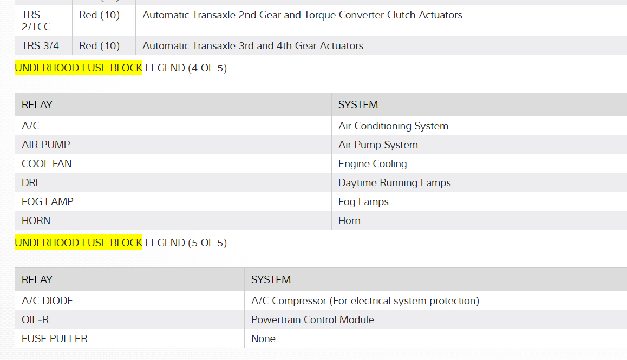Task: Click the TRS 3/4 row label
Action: click(41, 46)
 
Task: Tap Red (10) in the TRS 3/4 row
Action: click(99, 46)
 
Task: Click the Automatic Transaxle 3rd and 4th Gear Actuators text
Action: click(253, 46)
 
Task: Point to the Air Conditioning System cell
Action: click(393, 126)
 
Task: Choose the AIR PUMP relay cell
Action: click(46, 145)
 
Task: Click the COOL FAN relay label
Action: click(47, 164)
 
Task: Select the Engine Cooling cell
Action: click(373, 164)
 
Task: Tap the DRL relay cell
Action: click(31, 183)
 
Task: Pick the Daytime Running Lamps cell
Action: click(395, 183)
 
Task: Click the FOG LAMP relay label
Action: click(48, 202)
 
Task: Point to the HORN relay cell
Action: click(36, 221)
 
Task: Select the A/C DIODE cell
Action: click(47, 301)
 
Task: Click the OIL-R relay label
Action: click(35, 320)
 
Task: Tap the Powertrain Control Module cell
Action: click(312, 320)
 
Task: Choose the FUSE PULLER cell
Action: click(55, 339)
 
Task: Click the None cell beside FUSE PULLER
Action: click(263, 339)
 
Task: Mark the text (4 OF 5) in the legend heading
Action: click(207, 68)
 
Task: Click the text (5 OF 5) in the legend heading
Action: click(207, 243)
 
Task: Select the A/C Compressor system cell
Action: click(365, 301)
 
